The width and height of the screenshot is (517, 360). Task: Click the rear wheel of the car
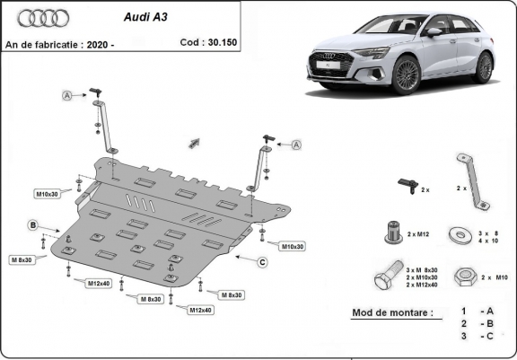click(484, 67)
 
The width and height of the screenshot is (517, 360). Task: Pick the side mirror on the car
click(434, 32)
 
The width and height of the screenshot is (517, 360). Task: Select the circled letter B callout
click(32, 224)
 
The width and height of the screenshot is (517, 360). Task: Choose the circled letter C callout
click(262, 262)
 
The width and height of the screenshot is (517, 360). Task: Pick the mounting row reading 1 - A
click(476, 311)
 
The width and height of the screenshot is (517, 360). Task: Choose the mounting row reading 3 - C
click(476, 337)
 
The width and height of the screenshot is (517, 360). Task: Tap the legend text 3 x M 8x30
click(423, 269)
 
